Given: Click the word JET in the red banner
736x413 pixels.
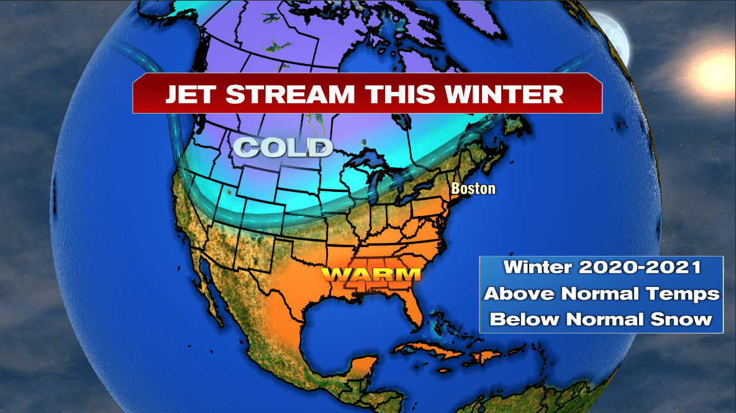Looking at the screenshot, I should coord(189,94).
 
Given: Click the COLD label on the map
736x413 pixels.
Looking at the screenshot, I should coord(283,148).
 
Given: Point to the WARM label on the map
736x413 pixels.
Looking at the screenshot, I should coord(371,274).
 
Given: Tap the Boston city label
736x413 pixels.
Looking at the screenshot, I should coord(473,188).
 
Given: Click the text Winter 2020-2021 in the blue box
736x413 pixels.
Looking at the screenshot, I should coord(602,268).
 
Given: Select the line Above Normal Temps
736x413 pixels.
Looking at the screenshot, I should coord(602,293).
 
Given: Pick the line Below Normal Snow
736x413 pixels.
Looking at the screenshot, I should coord(602,319).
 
